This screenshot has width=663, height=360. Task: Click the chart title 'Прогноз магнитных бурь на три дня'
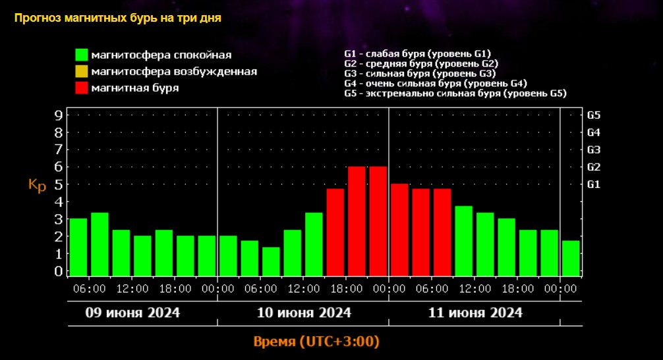117,18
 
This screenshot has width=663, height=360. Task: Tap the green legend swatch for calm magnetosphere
82,55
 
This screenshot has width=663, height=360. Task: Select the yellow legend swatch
82,71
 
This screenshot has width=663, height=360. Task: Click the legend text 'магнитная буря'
135,87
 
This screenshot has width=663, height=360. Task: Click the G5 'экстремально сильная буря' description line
455,94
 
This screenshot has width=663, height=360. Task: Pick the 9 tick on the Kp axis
59,115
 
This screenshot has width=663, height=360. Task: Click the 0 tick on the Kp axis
59,270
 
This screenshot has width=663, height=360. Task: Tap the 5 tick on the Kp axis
59,184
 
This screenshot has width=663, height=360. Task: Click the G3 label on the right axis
593,150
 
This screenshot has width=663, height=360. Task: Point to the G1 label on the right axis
593,184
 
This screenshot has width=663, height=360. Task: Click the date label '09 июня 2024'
132,312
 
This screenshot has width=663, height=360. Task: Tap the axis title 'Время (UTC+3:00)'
316,342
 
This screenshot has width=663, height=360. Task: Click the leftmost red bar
335,231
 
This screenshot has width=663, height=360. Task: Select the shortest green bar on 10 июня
271,261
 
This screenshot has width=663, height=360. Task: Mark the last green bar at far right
571,258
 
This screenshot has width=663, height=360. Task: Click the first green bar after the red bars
464,241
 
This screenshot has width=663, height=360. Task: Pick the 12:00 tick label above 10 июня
303,288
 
